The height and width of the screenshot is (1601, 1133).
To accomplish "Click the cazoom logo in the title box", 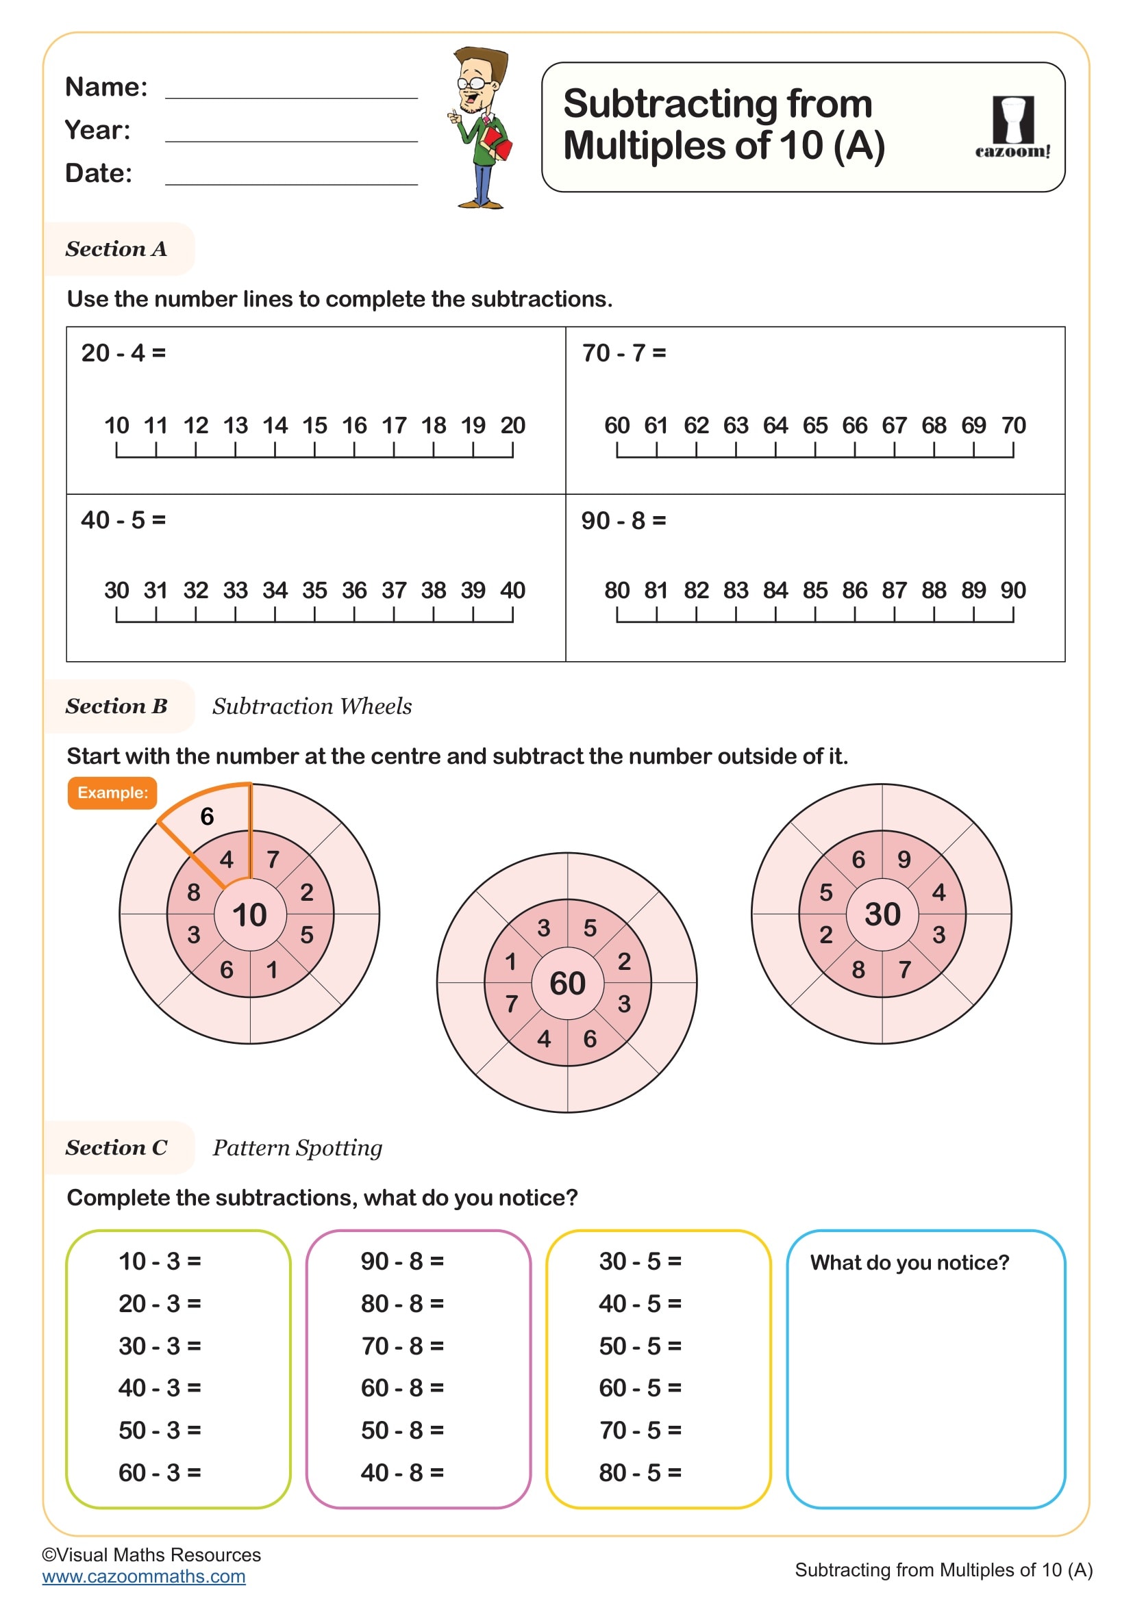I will click(x=1012, y=127).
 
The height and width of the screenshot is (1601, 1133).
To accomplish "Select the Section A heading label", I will click(x=116, y=249).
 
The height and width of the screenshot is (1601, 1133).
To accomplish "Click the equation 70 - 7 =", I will click(x=624, y=353).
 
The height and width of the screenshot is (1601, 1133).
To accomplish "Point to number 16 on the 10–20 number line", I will click(x=354, y=425).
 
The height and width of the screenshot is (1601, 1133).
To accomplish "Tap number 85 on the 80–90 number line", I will click(x=815, y=591).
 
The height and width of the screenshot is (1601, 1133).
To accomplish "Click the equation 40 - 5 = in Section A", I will click(x=123, y=520).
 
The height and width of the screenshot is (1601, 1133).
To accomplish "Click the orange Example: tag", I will click(x=112, y=793).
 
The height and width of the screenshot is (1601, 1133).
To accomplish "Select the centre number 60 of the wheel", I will click(x=567, y=983).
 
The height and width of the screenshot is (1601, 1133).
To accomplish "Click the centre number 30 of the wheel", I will click(x=882, y=914).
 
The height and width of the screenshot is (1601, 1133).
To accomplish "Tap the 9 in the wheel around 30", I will click(x=904, y=860).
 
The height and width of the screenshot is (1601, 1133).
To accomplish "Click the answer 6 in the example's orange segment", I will click(x=207, y=817).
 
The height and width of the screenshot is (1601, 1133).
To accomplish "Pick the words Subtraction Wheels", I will click(x=312, y=706).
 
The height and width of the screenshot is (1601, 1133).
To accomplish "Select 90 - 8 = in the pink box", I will click(x=402, y=1261).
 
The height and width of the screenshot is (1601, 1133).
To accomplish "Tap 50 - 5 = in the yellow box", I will click(x=640, y=1346).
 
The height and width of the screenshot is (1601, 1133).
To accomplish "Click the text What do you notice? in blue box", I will click(x=909, y=1263).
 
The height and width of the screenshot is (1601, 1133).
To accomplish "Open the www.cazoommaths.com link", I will click(x=144, y=1576).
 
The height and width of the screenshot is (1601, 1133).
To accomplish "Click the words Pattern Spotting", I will click(x=297, y=1148).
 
